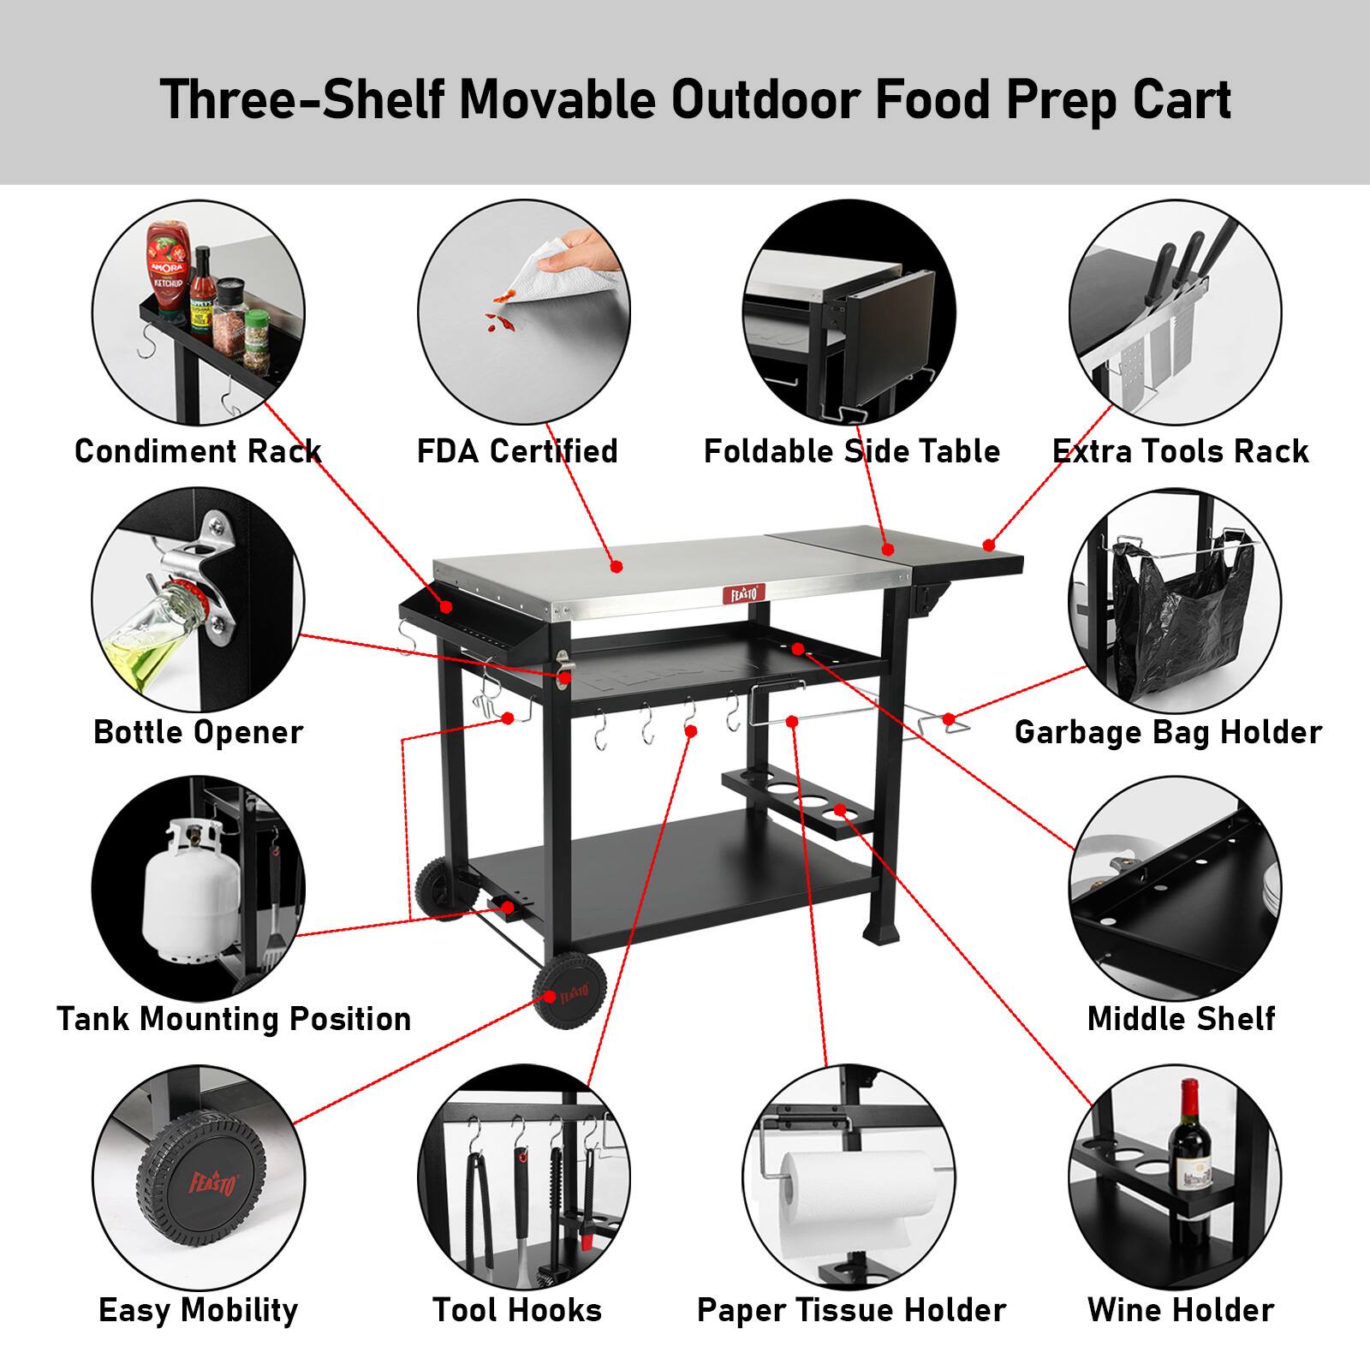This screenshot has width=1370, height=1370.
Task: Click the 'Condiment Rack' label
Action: click(198, 451)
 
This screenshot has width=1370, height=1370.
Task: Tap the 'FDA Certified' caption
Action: click(517, 451)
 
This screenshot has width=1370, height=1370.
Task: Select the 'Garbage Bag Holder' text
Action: click(1168, 732)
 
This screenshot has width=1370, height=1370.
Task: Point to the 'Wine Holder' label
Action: click(1181, 1310)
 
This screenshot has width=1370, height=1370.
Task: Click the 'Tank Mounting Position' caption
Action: click(234, 1019)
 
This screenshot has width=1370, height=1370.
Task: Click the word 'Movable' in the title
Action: click(558, 100)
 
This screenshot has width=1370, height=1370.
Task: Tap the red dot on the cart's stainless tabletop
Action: click(616, 566)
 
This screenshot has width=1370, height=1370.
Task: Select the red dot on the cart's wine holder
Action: click(840, 809)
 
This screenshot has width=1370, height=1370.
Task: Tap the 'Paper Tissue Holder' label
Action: click(851, 1310)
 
